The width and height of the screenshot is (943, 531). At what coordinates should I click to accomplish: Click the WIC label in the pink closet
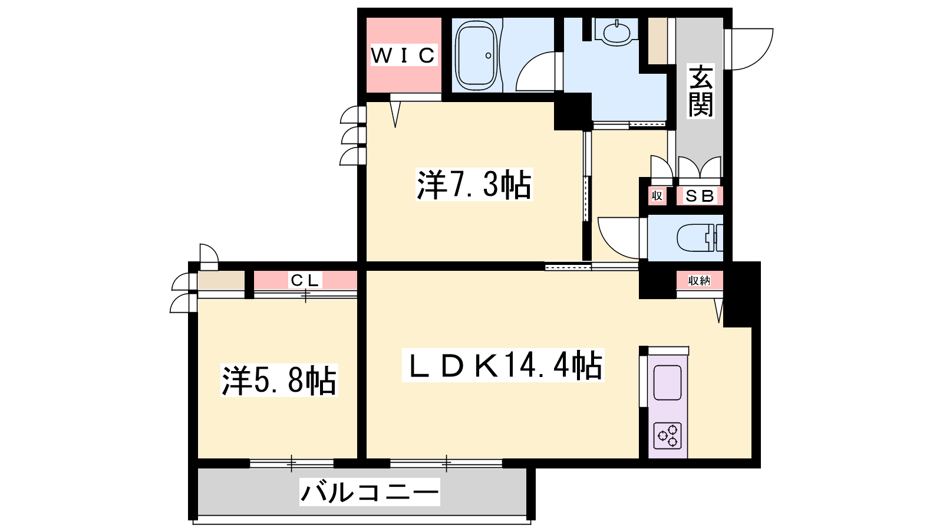tap(403, 55)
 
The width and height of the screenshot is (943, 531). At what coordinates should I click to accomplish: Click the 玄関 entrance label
tap(701, 90)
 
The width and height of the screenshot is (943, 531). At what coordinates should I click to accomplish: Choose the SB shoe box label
tap(700, 196)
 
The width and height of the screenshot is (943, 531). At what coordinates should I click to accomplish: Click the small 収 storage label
tap(657, 196)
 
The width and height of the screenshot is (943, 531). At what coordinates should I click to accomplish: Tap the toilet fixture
tap(699, 238)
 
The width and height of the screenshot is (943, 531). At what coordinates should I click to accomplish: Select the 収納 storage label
tap(699, 281)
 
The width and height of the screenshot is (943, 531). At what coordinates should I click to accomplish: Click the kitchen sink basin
tap(667, 383)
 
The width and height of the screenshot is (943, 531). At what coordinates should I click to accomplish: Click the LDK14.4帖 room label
tap(503, 366)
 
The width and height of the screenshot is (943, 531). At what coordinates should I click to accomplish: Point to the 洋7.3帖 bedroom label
tap(474, 185)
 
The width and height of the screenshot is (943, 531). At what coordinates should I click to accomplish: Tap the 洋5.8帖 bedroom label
tap(279, 381)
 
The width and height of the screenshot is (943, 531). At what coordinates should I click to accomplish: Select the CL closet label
tap(306, 280)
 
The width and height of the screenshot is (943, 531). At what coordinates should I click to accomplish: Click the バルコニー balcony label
tap(370, 492)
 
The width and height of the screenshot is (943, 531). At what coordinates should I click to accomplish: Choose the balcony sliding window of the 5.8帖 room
tap(292, 464)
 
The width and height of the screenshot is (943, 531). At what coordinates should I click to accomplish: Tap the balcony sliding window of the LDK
tap(446, 464)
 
